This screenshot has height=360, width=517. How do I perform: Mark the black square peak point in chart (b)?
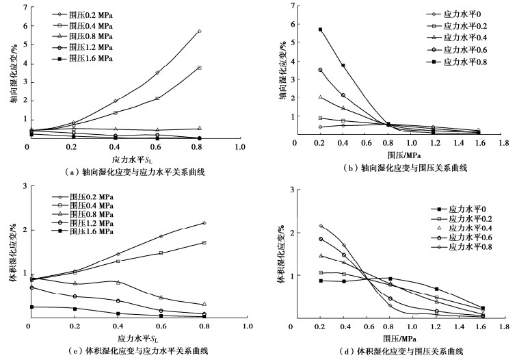coord(320,29)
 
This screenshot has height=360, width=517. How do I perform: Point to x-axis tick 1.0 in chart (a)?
coord(240,148)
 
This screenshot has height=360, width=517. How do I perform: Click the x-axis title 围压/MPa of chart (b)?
coord(399,155)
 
